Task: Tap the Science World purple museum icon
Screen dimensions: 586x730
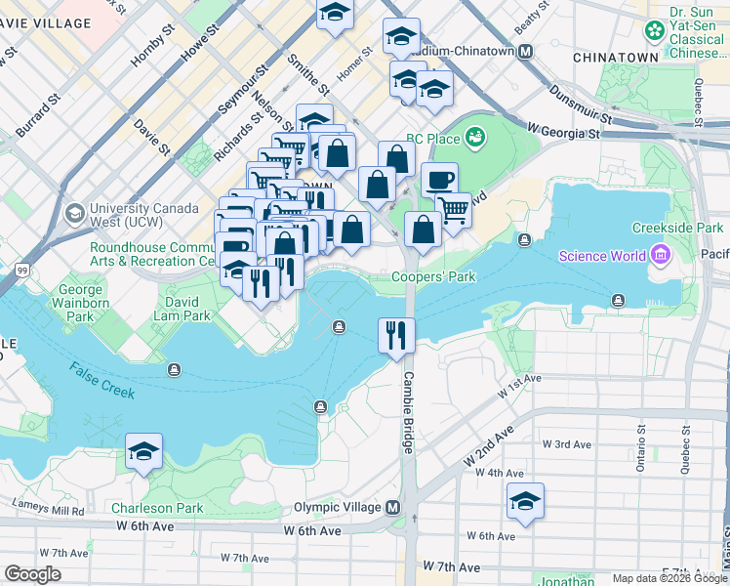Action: pyautogui.click(x=660, y=256)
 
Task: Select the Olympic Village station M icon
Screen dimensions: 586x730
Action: pyautogui.click(x=392, y=508)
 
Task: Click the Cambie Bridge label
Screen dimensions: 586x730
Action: pyautogui.click(x=408, y=412)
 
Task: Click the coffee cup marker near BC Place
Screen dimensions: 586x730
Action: pyautogui.click(x=439, y=180)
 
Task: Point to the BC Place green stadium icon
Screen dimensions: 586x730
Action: pyautogui.click(x=475, y=137)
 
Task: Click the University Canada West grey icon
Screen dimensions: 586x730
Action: pyautogui.click(x=74, y=212)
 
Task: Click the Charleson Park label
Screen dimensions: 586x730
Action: pyautogui.click(x=157, y=508)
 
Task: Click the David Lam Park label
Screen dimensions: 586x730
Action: pyautogui.click(x=182, y=315)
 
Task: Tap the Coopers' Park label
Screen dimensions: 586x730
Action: pyautogui.click(x=433, y=277)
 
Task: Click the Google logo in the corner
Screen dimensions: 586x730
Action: pyautogui.click(x=32, y=573)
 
